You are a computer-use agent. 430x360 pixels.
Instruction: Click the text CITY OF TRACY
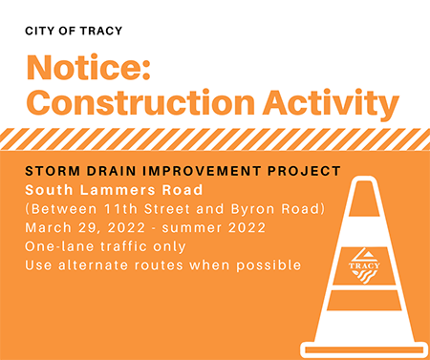[75, 31]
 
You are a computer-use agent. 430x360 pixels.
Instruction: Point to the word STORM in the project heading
[52, 171]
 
